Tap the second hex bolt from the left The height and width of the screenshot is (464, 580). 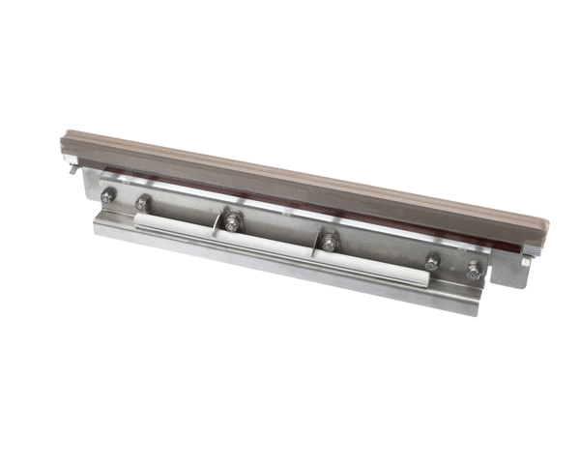[143, 203]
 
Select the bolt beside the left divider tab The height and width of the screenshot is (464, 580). [232, 221]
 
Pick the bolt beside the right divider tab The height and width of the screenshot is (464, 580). [331, 242]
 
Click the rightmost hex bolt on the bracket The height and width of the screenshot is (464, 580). [473, 272]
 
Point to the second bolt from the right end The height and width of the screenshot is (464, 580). [432, 262]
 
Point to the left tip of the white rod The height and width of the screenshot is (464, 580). [137, 217]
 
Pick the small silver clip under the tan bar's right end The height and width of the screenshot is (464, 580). [526, 258]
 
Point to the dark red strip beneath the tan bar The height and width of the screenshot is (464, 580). [290, 204]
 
